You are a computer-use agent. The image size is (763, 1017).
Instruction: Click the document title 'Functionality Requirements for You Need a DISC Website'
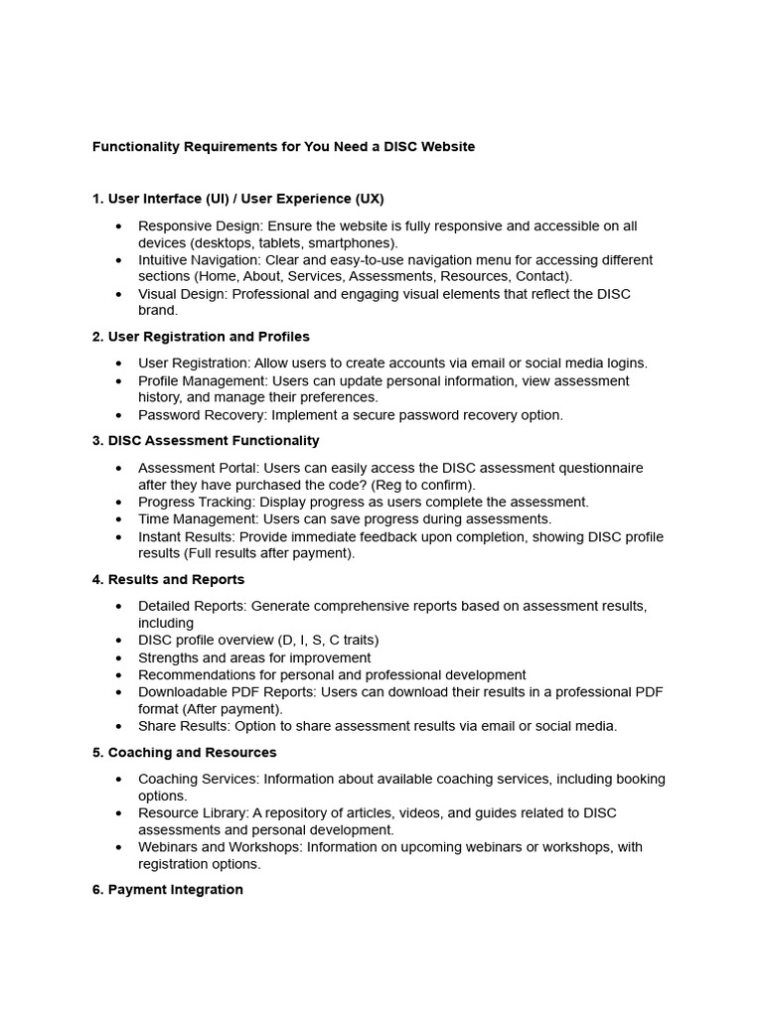pos(283,147)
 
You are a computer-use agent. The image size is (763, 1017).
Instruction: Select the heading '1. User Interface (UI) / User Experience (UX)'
pos(237,199)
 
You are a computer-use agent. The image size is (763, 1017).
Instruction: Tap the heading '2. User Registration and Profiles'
pos(201,337)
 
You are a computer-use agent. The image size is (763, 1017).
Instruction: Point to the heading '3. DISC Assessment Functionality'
pos(206,441)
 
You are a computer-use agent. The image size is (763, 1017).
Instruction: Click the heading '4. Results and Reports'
pos(168,580)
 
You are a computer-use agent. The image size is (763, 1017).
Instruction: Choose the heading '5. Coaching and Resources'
pos(184,753)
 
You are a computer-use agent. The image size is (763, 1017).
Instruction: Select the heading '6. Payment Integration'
pos(167,890)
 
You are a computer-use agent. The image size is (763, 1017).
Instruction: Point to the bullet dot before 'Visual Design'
pos(119,295)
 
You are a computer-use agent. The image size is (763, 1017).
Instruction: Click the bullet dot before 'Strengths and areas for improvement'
pos(119,658)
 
